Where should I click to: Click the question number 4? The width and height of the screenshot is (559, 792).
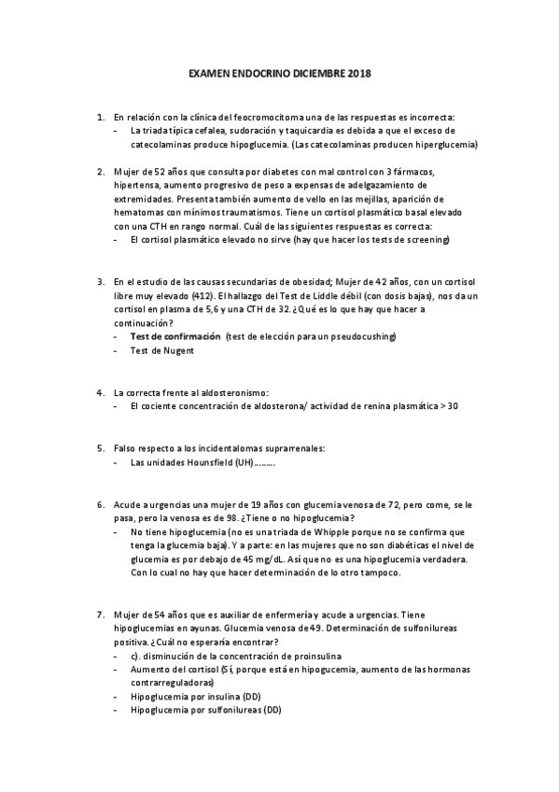click(x=100, y=392)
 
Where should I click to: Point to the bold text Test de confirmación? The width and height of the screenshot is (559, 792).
click(x=175, y=335)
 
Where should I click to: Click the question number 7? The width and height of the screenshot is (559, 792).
click(x=100, y=615)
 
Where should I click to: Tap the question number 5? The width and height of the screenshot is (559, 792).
click(x=100, y=448)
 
